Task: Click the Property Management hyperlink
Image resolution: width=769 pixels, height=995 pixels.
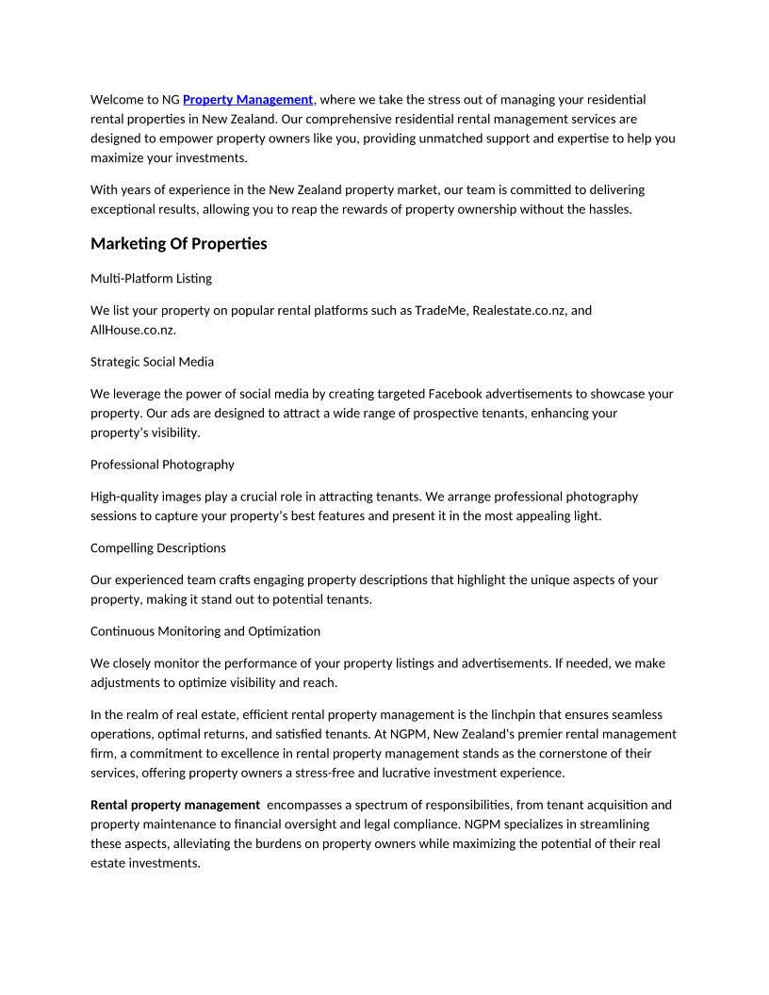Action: pos(248,99)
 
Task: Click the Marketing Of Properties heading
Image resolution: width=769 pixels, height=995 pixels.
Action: pos(179,244)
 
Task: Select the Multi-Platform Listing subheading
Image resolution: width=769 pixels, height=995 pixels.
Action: pos(151,279)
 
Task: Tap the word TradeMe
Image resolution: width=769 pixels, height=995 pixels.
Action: pos(441,310)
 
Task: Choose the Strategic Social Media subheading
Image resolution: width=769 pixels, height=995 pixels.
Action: pos(152,362)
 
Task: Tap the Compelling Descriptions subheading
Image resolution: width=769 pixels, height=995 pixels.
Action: pos(157,547)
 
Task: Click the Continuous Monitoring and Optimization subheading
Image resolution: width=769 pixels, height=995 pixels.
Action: pos(205,631)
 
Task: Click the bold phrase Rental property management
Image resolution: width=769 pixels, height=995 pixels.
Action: pos(175,805)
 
